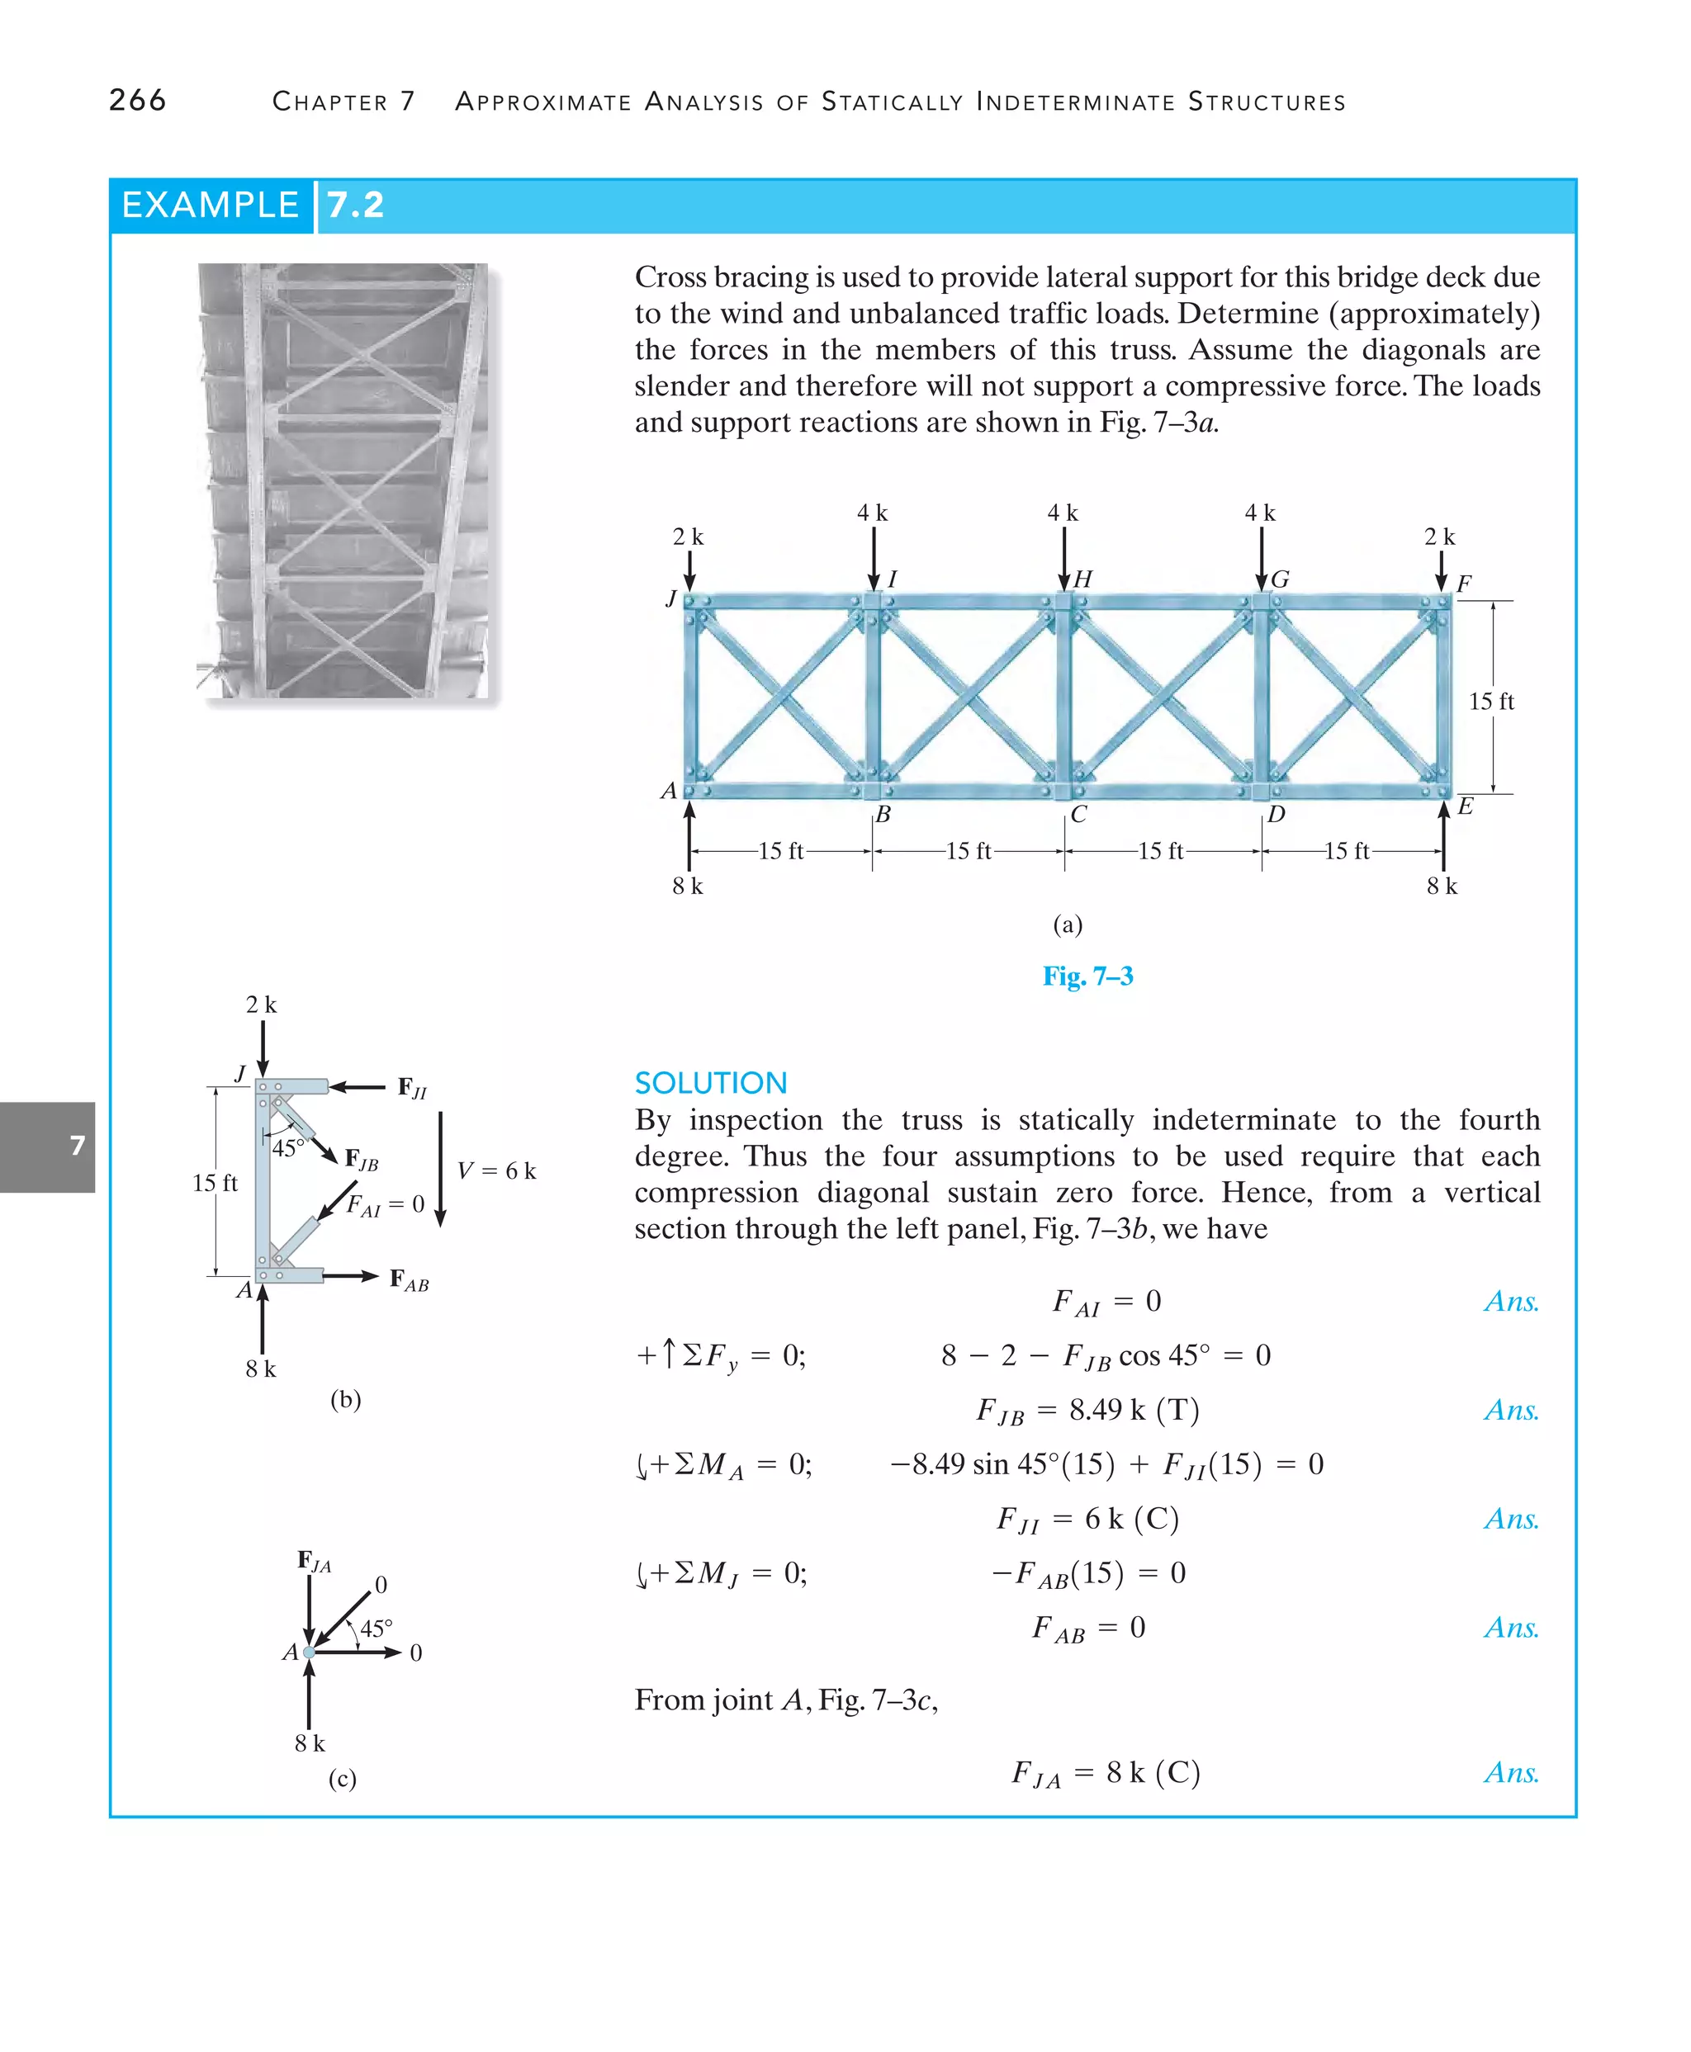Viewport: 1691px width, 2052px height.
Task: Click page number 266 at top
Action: (x=137, y=101)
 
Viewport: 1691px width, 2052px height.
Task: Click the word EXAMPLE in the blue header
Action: (x=210, y=206)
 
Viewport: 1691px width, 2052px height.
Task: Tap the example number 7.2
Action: (x=356, y=206)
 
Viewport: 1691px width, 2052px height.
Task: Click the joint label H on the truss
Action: (x=1082, y=579)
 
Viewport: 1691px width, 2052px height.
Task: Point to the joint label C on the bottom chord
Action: (x=1078, y=814)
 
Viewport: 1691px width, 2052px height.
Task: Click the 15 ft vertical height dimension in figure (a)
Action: (x=1490, y=702)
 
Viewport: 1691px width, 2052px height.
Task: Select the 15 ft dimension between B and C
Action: (x=969, y=851)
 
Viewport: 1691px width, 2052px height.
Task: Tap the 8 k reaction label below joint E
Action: (x=1442, y=887)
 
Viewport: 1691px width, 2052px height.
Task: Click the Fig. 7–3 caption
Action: (x=1087, y=976)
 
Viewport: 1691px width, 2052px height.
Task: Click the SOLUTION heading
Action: (x=710, y=1083)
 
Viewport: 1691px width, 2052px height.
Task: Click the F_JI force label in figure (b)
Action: (x=412, y=1088)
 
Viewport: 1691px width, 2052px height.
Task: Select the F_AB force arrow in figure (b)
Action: (x=351, y=1276)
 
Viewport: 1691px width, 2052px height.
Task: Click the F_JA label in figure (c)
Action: (x=314, y=1561)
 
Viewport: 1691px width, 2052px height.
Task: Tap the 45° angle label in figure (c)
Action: (x=376, y=1629)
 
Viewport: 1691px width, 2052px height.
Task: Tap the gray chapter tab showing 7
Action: (x=48, y=1147)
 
